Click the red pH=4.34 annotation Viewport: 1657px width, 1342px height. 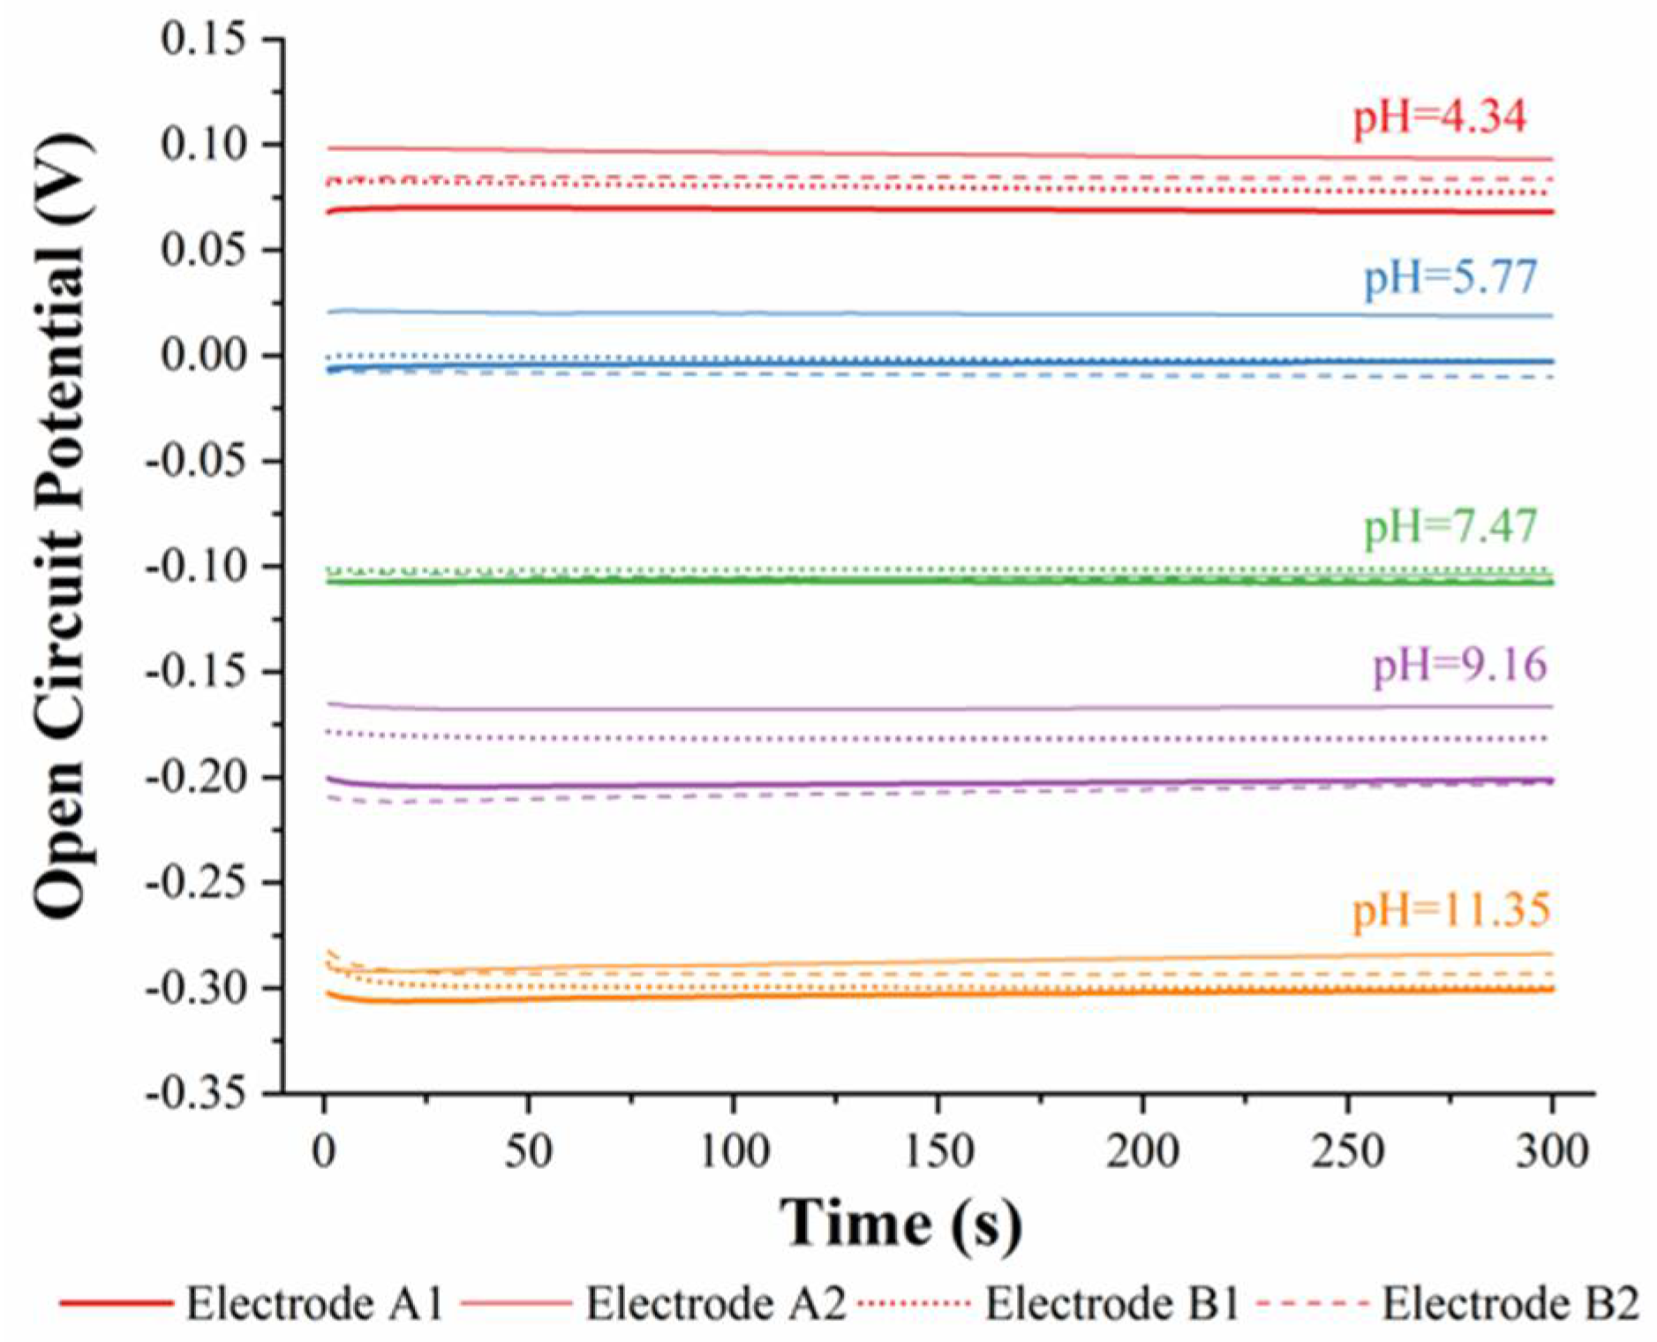1439,118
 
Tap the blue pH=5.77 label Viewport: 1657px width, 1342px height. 1450,278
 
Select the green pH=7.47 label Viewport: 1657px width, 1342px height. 1450,528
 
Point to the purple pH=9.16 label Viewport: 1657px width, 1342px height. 1459,665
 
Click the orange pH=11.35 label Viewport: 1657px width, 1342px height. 1450,910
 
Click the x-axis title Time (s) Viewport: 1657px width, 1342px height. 900,1224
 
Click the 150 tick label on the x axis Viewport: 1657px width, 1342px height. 938,1151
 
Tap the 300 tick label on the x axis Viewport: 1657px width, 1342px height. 1551,1151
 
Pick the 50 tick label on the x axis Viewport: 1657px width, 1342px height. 528,1151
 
